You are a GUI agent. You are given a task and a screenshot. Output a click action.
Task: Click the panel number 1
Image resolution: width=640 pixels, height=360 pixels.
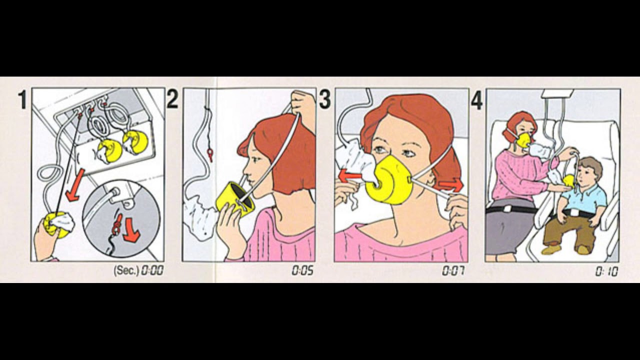point(22,99)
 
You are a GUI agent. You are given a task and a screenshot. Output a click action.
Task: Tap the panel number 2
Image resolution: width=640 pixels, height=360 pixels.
point(172,99)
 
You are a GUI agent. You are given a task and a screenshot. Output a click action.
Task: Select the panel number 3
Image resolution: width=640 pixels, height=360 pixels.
point(324,99)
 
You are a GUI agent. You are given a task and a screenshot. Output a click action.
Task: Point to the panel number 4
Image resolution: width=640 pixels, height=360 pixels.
point(476,101)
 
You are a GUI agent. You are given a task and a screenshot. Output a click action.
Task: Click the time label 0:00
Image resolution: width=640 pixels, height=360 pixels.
point(153,270)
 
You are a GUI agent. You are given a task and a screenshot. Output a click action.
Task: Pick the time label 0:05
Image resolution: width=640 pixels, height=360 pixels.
point(302,270)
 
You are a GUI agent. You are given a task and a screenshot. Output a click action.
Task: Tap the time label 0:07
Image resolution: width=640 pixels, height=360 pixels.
point(453,270)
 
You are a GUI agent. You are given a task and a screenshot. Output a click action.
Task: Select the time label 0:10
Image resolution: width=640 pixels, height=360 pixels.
point(606,271)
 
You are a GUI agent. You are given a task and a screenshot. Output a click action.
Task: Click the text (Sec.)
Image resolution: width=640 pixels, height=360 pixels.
point(126,270)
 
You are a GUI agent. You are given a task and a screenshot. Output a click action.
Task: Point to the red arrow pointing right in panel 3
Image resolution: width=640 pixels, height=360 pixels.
point(450,185)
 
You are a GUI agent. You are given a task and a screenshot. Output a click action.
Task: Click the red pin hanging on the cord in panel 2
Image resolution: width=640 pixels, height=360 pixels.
point(210,154)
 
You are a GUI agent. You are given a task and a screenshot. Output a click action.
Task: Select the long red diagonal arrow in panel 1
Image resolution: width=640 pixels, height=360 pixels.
point(75,185)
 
